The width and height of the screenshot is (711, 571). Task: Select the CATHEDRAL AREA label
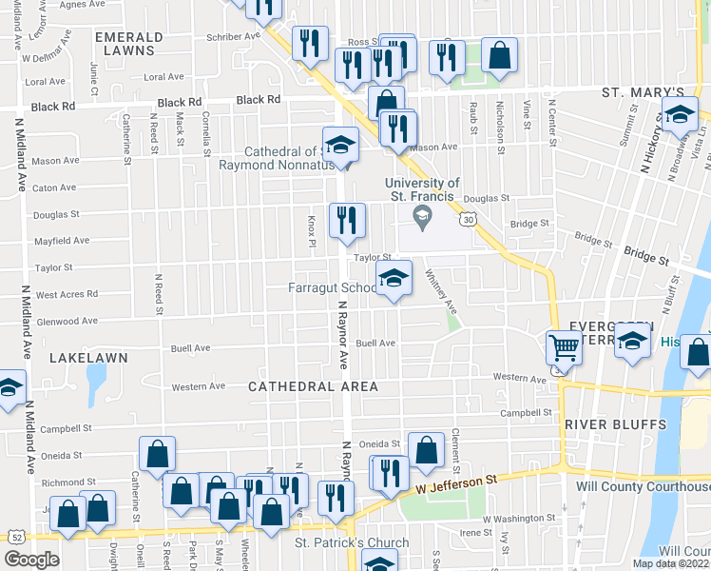point(314,386)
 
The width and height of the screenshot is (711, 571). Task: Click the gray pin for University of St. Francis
point(422,218)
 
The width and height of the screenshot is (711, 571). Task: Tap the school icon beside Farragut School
point(394,278)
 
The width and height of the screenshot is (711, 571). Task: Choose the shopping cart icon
point(564,348)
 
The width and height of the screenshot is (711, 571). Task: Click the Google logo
point(31,559)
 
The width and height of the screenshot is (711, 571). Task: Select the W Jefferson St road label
point(456,484)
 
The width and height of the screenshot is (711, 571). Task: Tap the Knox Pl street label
point(311,229)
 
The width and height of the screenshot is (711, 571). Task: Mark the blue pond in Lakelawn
point(95,383)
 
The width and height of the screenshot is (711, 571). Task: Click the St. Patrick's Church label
point(351,543)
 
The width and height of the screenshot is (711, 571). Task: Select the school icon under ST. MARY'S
point(679,115)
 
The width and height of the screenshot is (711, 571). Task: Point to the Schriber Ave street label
point(233,36)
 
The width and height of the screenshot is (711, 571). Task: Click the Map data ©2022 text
point(670,563)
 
